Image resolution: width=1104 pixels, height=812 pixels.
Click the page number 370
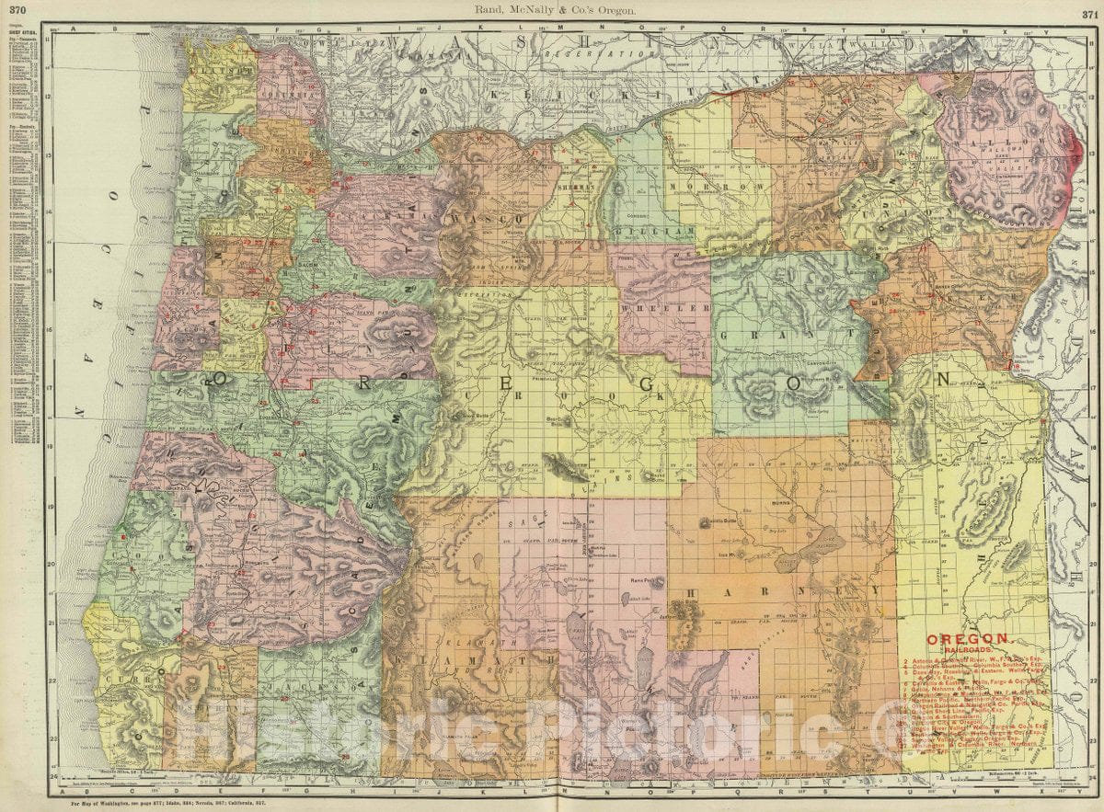pyautogui.click(x=14, y=9)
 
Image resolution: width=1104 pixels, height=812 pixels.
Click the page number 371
pyautogui.click(x=1088, y=9)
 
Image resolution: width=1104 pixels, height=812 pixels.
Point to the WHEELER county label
pyautogui.click(x=661, y=310)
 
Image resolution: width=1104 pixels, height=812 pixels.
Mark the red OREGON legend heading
pyautogui.click(x=969, y=638)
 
